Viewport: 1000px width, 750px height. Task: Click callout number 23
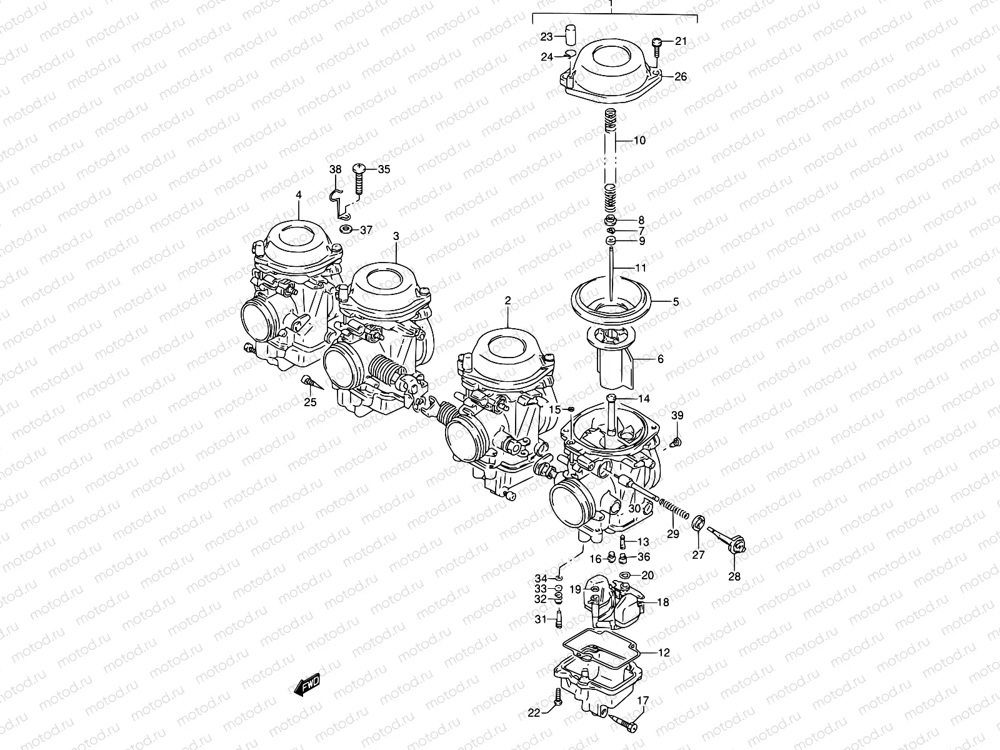(x=547, y=36)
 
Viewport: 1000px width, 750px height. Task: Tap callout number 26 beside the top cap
(x=681, y=77)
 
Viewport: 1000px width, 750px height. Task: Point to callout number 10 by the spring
(x=639, y=141)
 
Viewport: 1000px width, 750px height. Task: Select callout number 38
(x=336, y=169)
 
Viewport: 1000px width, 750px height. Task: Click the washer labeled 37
(x=346, y=229)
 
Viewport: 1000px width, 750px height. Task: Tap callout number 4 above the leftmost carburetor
(x=299, y=195)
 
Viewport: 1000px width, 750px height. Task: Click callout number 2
(x=508, y=301)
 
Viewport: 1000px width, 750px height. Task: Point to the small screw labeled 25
(x=307, y=381)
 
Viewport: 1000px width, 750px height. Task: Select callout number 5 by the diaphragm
(x=676, y=301)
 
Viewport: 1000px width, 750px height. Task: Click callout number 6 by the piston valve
(x=660, y=359)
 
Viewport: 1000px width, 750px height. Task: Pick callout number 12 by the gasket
(x=664, y=652)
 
